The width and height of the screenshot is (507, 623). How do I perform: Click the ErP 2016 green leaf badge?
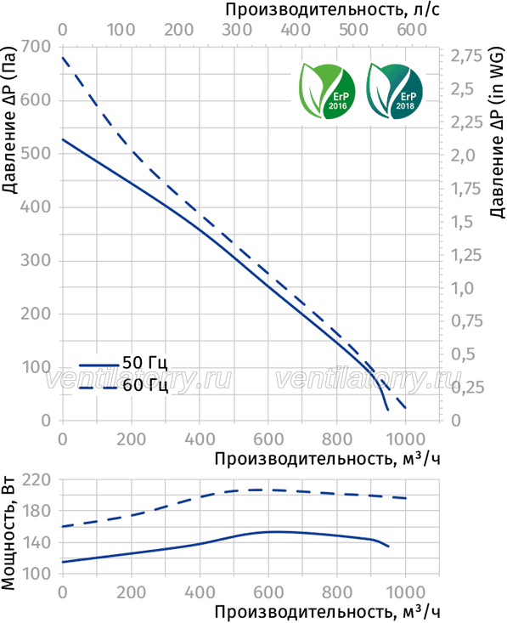(327, 92)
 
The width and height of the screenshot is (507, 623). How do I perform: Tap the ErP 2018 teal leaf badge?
(394, 92)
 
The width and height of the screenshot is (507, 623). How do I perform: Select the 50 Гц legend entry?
(123, 363)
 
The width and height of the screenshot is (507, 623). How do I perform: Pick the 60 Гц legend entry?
(123, 385)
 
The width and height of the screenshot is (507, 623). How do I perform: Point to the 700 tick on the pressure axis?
(37, 47)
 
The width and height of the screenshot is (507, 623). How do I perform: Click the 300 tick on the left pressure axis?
(37, 261)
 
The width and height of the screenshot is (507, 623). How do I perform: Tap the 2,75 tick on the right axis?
(466, 56)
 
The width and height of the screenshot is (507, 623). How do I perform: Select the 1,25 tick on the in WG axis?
(466, 255)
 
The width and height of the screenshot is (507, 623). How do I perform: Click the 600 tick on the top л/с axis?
(412, 30)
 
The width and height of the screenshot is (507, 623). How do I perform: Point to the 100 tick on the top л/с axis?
(121, 30)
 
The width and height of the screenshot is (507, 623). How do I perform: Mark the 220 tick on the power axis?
(37, 480)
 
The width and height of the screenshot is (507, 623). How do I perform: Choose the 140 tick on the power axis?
(37, 543)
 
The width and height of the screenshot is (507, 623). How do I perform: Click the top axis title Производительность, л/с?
(333, 9)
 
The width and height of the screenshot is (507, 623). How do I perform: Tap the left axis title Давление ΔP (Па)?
(9, 120)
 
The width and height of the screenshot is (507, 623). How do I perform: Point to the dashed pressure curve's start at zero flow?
(63, 57)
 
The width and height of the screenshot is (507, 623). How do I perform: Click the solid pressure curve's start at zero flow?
(63, 139)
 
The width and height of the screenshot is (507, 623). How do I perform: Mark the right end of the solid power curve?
(388, 547)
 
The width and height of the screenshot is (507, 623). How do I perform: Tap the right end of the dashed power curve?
(406, 498)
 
